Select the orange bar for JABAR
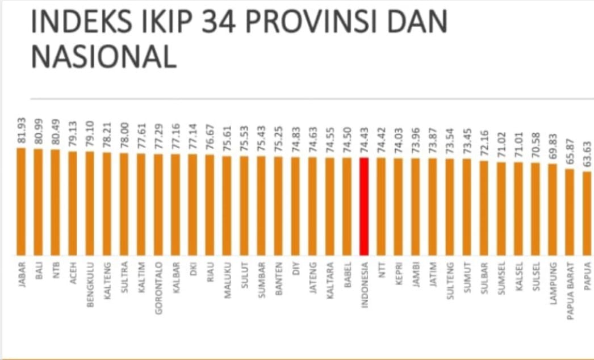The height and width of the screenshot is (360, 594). click(22, 202)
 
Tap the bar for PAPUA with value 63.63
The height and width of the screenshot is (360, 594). click(587, 213)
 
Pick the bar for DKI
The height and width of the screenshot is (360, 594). click(193, 204)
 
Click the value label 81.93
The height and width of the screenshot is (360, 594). click(22, 131)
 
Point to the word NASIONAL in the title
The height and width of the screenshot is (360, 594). click(103, 57)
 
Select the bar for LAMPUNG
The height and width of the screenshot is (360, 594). click(553, 210)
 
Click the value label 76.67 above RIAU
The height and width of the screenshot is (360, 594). click(210, 138)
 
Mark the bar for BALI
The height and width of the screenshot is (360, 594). click(39, 202)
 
